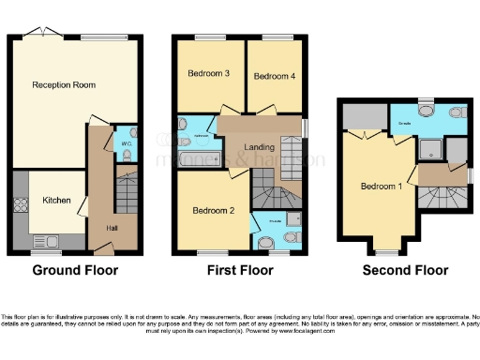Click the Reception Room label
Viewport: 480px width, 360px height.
[64, 85]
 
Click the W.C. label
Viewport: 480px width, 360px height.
[126, 143]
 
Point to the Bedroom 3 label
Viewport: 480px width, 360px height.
[209, 75]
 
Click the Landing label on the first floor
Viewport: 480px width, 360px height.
[260, 147]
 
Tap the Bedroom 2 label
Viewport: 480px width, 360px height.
[213, 211]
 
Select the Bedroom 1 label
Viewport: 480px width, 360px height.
[381, 186]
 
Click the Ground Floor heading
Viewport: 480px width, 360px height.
[75, 271]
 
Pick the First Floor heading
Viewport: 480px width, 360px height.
[240, 271]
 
